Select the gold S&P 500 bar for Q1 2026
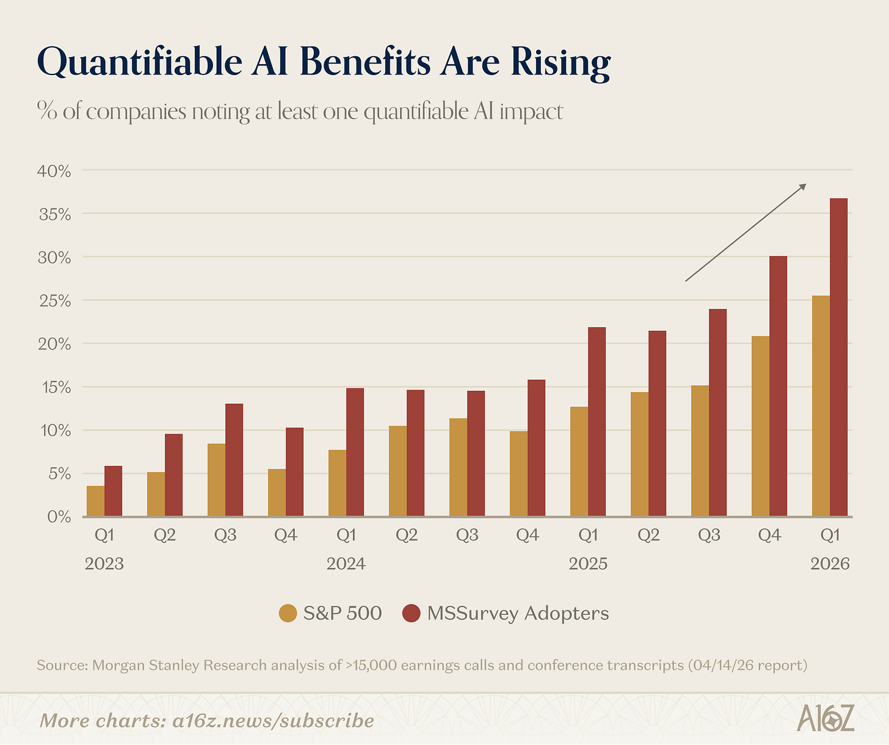click(x=821, y=406)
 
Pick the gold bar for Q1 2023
click(x=95, y=501)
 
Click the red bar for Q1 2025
click(x=597, y=421)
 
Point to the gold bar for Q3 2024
click(x=458, y=467)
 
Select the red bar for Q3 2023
click(x=234, y=460)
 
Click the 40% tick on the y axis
click(x=54, y=171)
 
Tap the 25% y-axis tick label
click(x=54, y=301)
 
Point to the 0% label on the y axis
click(x=59, y=517)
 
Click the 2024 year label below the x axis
click(x=346, y=563)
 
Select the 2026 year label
click(x=830, y=563)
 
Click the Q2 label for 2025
click(x=648, y=536)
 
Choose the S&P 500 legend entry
click(x=330, y=613)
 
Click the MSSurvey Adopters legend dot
click(x=412, y=613)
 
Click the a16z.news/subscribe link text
click(x=273, y=721)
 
